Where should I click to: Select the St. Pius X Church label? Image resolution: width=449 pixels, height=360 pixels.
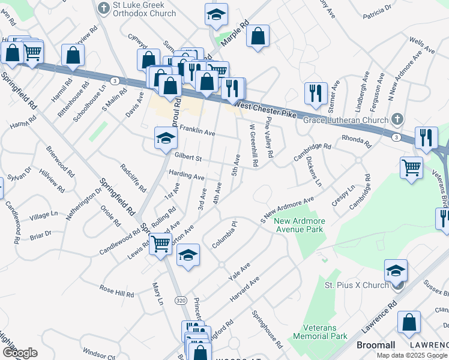(357, 285)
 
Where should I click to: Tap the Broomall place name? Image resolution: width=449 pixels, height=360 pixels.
(375, 346)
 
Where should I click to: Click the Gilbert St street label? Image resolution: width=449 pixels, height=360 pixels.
(188, 157)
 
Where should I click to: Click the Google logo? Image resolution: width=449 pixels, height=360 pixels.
(20, 352)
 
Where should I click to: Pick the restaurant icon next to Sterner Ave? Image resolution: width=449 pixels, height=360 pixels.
(315, 92)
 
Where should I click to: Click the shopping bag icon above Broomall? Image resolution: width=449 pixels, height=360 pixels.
(408, 322)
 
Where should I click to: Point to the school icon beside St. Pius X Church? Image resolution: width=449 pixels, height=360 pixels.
(396, 271)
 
